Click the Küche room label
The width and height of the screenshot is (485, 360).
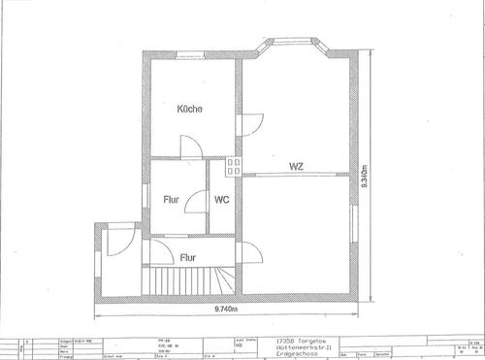click(x=190, y=110)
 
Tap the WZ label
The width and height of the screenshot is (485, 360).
click(x=296, y=167)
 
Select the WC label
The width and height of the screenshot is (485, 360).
click(x=222, y=201)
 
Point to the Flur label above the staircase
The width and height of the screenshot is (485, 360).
click(x=189, y=257)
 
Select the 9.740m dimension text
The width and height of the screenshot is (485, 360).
click(x=226, y=310)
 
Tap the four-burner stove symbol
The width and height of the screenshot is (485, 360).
click(x=233, y=166)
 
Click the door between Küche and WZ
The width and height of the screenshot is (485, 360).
click(x=249, y=125)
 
